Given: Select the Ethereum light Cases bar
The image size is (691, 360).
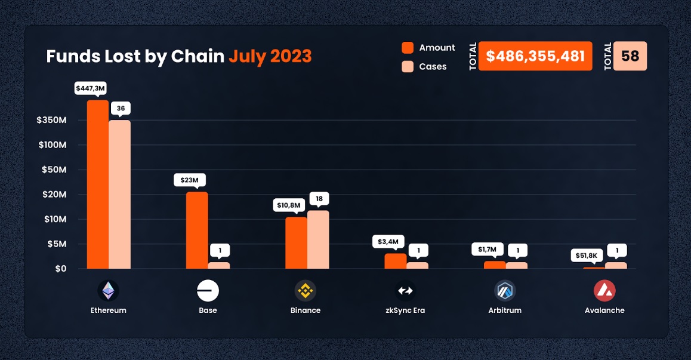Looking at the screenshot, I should [119, 194].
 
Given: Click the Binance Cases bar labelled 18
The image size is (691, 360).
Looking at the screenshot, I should [318, 239].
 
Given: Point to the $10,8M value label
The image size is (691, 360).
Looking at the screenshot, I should [289, 205].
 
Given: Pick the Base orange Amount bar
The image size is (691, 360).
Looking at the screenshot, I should [197, 230].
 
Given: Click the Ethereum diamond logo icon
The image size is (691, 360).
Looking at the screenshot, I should [108, 291].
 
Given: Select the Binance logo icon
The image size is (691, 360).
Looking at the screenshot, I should [306, 291].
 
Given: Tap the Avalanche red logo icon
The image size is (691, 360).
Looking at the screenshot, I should [604, 291].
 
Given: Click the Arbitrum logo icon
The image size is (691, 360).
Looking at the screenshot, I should [505, 291].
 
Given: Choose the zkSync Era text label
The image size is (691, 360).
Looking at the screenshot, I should [405, 310].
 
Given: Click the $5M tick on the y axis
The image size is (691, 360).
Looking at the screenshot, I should [57, 244].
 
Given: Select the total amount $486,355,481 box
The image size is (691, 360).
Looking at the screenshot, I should [535, 56].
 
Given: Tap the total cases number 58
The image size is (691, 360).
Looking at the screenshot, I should [630, 56].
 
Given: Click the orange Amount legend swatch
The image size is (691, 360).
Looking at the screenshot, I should [408, 48].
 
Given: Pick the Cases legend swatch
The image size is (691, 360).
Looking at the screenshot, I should [408, 66].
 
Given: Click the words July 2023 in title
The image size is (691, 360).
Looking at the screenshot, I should [270, 56].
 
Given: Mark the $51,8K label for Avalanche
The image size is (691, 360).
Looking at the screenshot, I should [585, 256].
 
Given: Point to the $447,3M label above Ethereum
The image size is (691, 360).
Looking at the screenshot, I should [90, 88].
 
